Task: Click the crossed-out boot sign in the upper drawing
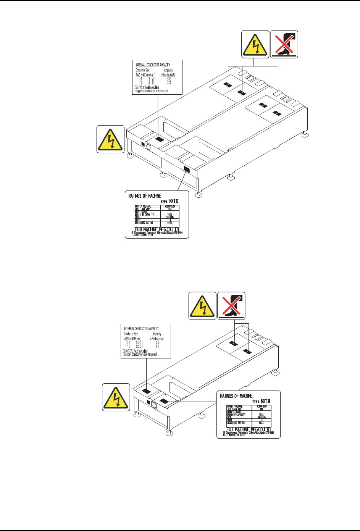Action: point(284,44)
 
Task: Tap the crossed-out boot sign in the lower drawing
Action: point(231,305)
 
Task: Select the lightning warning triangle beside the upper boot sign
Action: point(255,44)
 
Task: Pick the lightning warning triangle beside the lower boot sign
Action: point(202,305)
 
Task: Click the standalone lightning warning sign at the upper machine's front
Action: point(110,139)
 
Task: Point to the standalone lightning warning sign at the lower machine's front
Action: point(116,397)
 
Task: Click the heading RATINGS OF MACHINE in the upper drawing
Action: point(145,196)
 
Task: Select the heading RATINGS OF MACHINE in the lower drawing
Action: point(236,396)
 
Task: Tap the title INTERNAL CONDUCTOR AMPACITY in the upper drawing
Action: point(153,65)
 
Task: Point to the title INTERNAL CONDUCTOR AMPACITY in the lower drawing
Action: point(141,328)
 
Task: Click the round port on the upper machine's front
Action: point(149,146)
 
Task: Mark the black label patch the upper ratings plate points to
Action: point(187,169)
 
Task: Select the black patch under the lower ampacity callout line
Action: point(147,391)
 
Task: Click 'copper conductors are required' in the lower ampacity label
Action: point(140,354)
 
